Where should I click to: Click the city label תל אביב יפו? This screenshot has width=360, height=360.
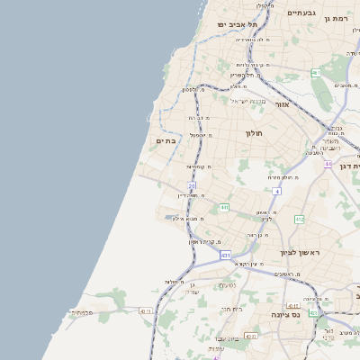238,24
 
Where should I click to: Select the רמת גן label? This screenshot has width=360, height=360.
337,18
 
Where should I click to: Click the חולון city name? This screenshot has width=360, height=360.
253,133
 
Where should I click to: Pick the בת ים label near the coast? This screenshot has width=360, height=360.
166,140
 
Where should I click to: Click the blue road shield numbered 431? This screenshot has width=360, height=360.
226,256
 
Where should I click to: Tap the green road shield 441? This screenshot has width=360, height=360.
223,208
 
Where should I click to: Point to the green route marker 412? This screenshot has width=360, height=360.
299,219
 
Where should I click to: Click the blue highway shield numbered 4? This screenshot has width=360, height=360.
277,192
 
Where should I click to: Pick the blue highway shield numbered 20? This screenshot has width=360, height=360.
192,185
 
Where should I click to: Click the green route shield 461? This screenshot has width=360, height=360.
316,72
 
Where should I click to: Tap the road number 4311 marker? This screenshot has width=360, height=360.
145,311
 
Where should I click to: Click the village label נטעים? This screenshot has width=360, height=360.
228,285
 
